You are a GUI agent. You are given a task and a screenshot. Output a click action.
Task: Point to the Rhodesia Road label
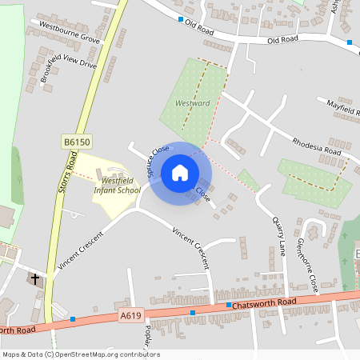pyautogui.click(x=317, y=146)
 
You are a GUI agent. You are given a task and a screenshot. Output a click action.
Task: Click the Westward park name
pyautogui.click(x=192, y=103)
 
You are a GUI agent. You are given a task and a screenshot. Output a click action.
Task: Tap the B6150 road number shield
pyautogui.click(x=78, y=142)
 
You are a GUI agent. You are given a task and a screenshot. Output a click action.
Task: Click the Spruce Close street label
pyautogui.click(x=158, y=160)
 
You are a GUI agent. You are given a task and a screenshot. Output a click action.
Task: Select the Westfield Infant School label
pyautogui.click(x=117, y=186)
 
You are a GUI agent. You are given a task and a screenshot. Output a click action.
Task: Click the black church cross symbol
pyautogui.click(x=34, y=279)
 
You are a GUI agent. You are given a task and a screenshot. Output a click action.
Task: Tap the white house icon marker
pyautogui.click(x=180, y=173)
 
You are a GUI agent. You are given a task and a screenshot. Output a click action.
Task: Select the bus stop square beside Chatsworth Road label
pyautogui.click(x=228, y=305)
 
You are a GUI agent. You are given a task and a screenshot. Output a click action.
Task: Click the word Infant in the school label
pyautogui.click(x=109, y=190)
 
